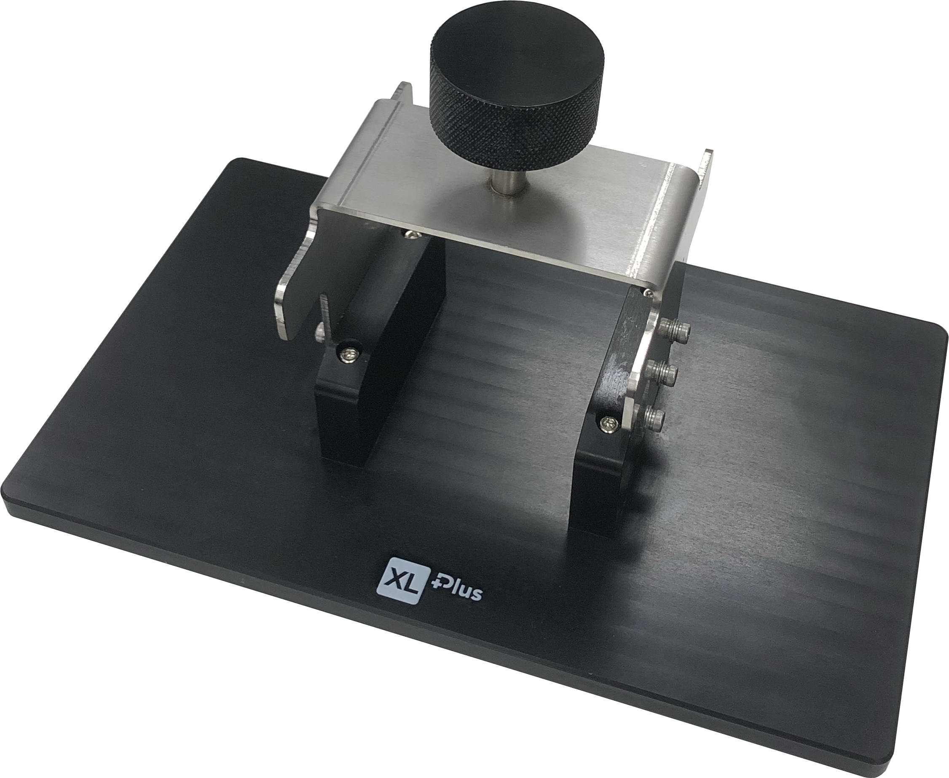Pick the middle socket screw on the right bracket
[662, 372]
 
